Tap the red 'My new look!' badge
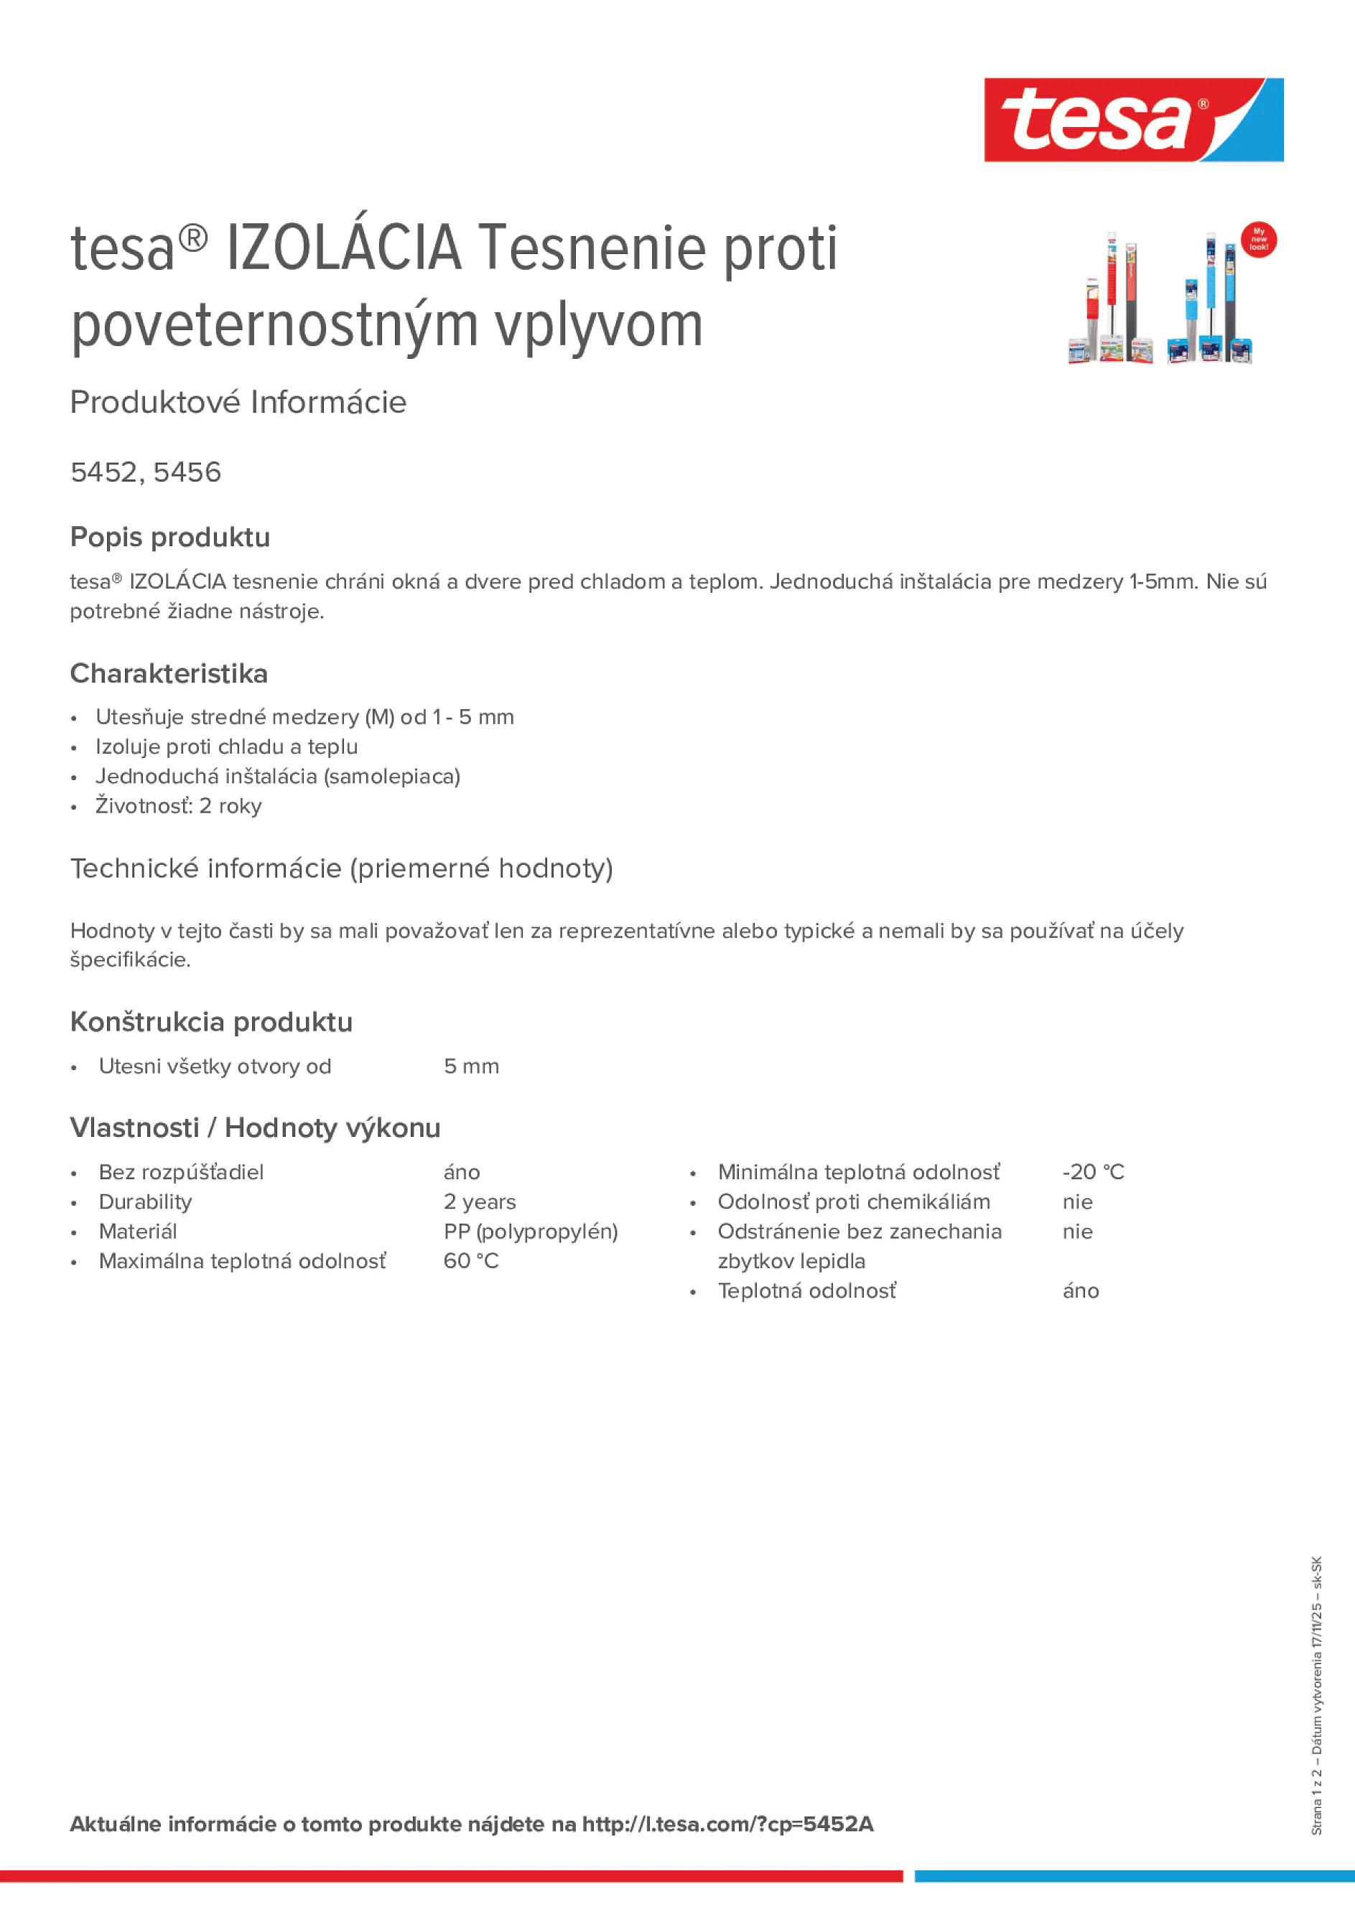click(x=1258, y=240)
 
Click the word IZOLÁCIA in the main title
click(x=343, y=248)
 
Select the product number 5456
click(x=187, y=472)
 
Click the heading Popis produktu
click(x=169, y=537)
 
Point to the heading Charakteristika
click(x=169, y=673)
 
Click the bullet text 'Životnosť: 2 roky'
click(x=178, y=806)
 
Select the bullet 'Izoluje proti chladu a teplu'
click(x=226, y=746)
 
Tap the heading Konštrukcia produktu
click(x=211, y=1022)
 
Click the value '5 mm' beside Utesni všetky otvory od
click(x=471, y=1067)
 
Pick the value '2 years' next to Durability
click(x=480, y=1201)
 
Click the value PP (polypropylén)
click(x=531, y=1232)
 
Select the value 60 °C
click(x=471, y=1261)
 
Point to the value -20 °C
click(x=1093, y=1172)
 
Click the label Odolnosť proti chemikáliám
click(x=854, y=1201)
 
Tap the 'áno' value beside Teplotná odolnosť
click(x=1080, y=1291)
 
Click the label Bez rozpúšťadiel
click(x=181, y=1172)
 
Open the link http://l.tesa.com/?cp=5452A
click(x=727, y=1824)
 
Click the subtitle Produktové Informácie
click(x=238, y=403)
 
